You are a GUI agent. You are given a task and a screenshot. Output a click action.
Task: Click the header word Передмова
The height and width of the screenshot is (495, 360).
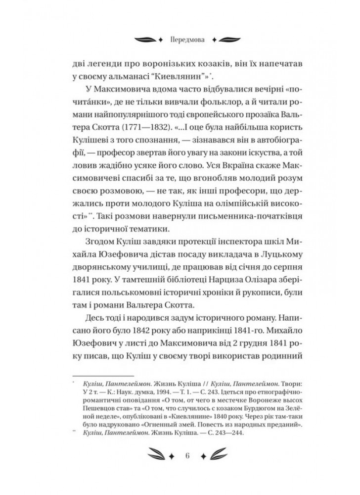click(180, 38)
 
